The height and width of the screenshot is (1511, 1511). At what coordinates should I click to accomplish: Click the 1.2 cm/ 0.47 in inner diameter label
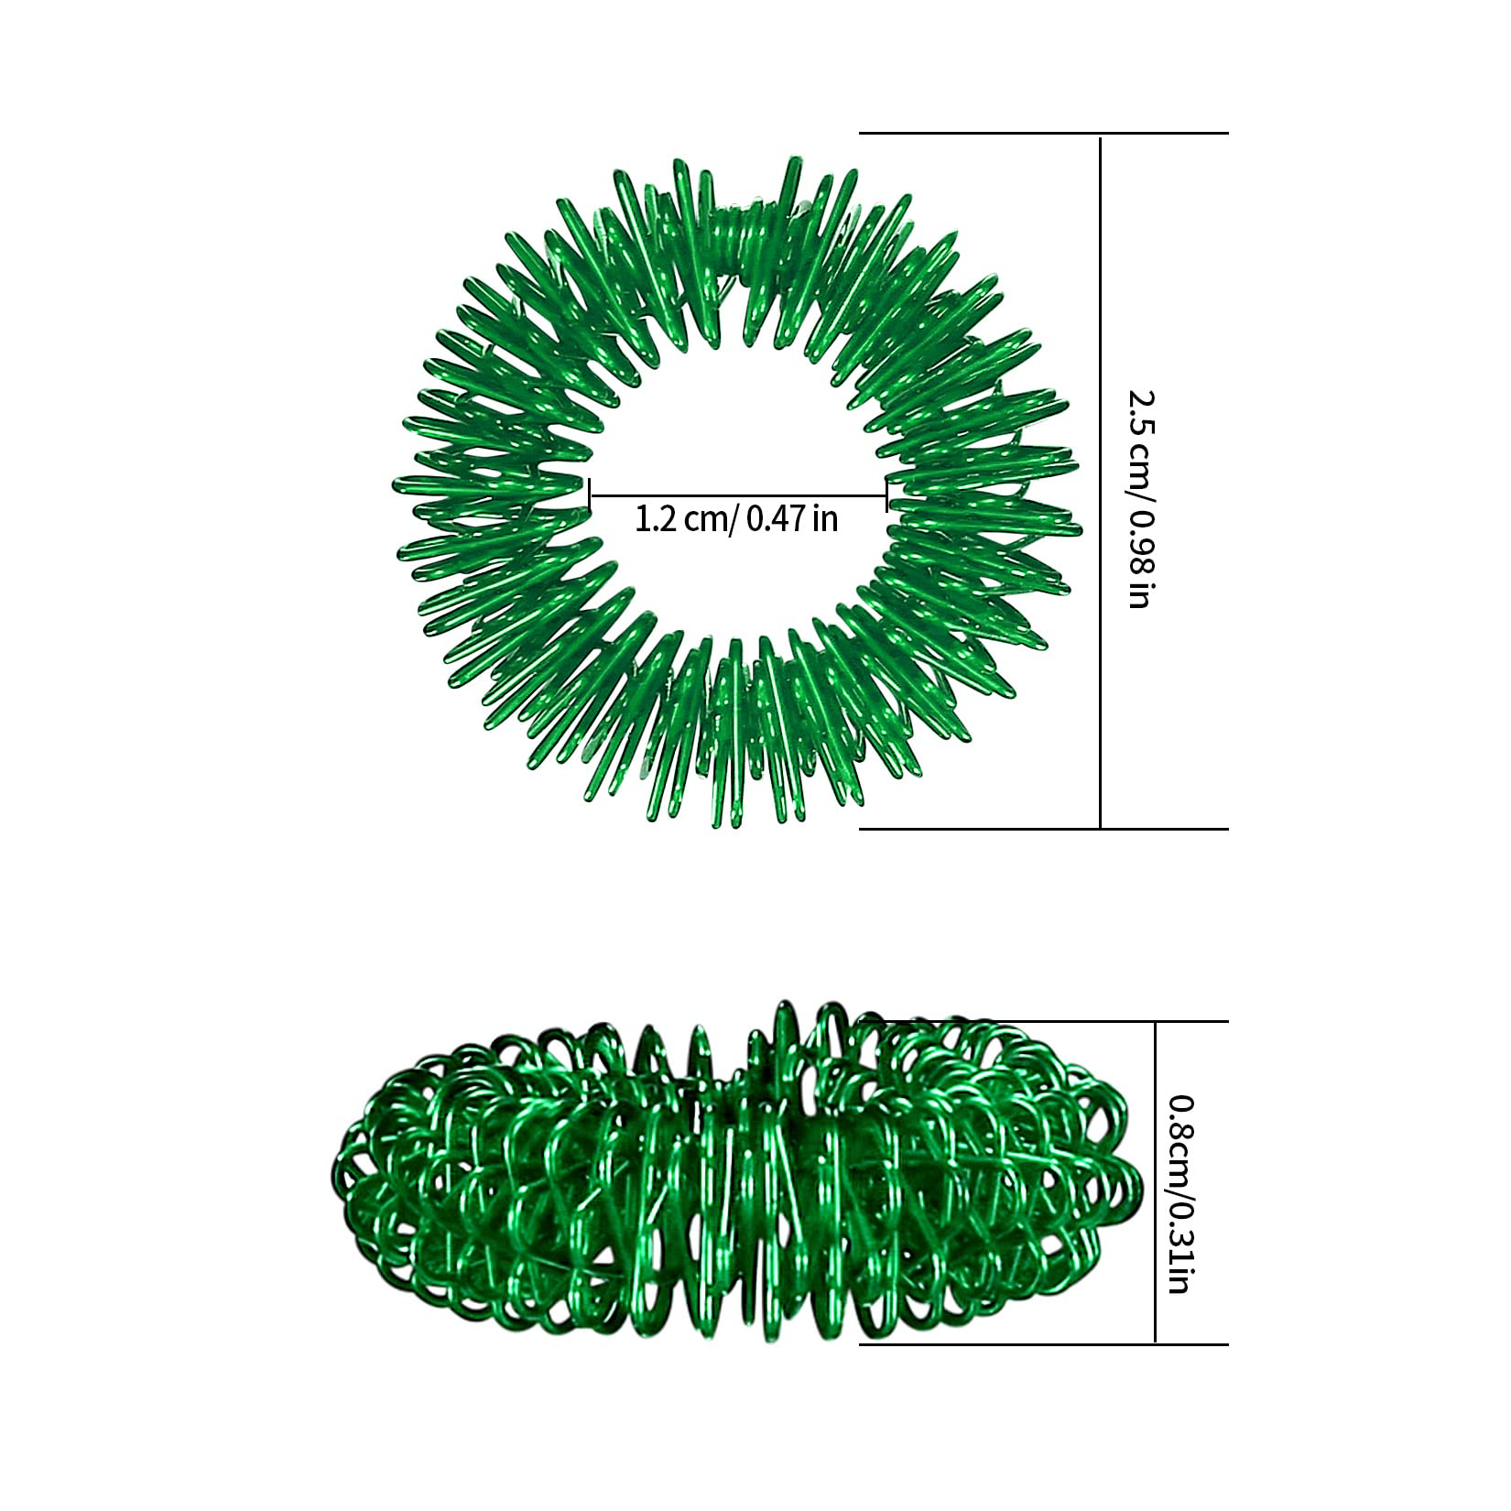[x=736, y=519]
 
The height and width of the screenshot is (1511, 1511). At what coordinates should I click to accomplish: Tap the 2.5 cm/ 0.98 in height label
[x=1142, y=499]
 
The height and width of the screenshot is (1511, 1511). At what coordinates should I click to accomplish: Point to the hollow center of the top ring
[x=737, y=458]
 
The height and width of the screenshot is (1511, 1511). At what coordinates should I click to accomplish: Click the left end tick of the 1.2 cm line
[x=590, y=495]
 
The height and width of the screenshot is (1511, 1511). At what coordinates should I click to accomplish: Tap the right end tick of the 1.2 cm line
[x=886, y=495]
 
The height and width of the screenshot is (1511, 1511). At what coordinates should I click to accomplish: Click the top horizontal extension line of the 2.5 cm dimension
[x=1043, y=134]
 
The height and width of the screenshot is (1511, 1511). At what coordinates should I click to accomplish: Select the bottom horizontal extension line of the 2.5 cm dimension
[x=1043, y=829]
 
